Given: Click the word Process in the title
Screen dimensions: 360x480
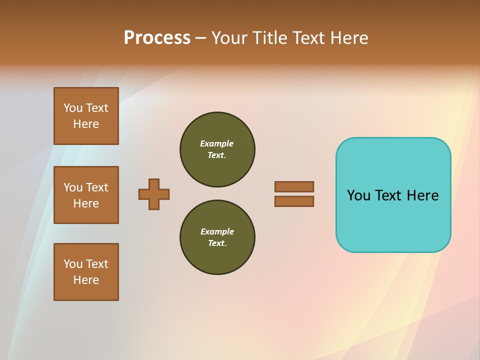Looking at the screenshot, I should pyautogui.click(x=157, y=38).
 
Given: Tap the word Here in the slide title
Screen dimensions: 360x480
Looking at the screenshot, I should pyautogui.click(x=348, y=38).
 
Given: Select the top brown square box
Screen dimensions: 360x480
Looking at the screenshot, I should pyautogui.click(x=86, y=116).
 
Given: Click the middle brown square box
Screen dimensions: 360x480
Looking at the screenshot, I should pyautogui.click(x=86, y=195).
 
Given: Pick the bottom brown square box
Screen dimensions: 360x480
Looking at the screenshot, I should pyautogui.click(x=86, y=272).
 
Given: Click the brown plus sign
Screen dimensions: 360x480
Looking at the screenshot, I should pyautogui.click(x=154, y=194).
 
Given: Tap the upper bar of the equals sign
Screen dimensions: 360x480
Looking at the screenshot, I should pyautogui.click(x=294, y=186).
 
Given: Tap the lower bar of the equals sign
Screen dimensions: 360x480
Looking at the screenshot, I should pyautogui.click(x=294, y=201).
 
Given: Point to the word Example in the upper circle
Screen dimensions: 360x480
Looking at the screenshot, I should pyautogui.click(x=216, y=143).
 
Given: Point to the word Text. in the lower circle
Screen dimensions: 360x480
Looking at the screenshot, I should pyautogui.click(x=217, y=243).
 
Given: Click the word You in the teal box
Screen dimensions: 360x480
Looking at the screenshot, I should pyautogui.click(x=358, y=195).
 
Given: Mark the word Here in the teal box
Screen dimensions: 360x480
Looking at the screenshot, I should pyautogui.click(x=422, y=195).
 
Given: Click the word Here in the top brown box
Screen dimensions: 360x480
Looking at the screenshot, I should pyautogui.click(x=86, y=124).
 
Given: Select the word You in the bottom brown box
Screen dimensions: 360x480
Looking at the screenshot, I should pyautogui.click(x=73, y=264).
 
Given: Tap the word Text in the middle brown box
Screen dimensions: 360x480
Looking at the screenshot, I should pyautogui.click(x=97, y=187).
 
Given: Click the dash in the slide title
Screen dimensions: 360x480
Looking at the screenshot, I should pyautogui.click(x=201, y=38).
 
